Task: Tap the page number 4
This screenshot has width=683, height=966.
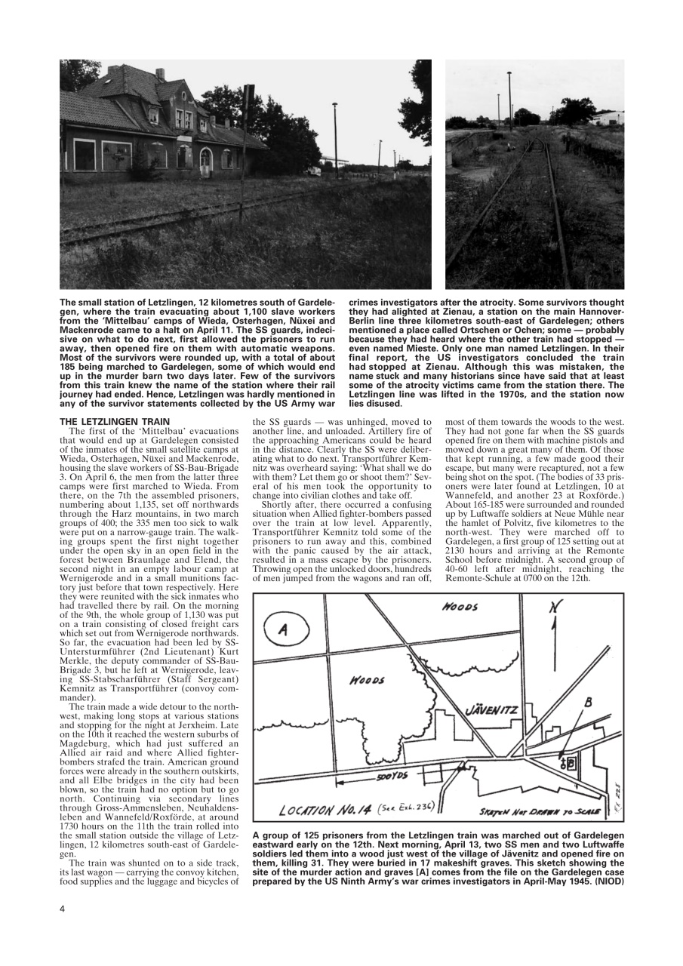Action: [x=62, y=908]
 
